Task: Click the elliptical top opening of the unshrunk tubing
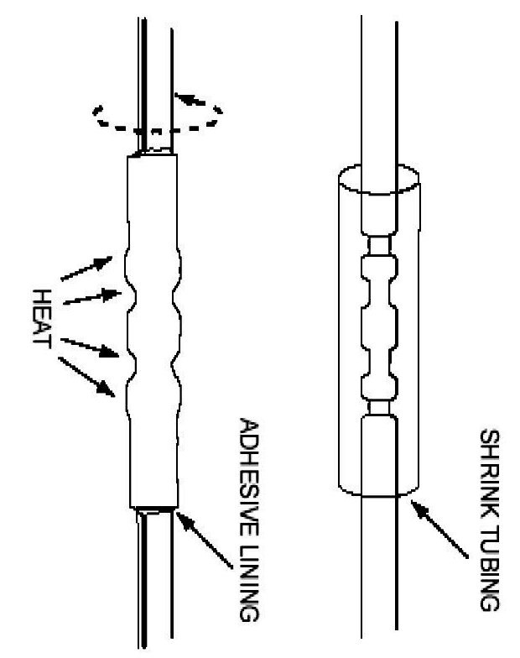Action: (x=377, y=179)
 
